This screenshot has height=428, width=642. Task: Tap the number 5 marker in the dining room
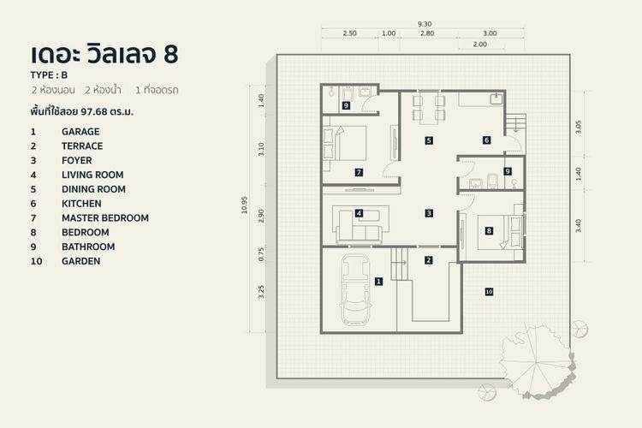coord(428,140)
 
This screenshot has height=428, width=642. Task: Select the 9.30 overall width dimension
coord(423,24)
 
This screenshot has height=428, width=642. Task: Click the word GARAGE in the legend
coord(80,132)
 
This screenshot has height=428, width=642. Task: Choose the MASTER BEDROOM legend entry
coord(104,218)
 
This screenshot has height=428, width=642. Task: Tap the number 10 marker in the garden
coord(489,292)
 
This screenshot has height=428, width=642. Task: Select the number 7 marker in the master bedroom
coord(359,172)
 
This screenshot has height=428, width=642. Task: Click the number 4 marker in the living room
coord(360,213)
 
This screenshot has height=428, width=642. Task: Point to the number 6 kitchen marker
coord(485,140)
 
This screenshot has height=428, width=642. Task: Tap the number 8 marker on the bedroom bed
coord(489,230)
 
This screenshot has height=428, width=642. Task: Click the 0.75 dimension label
coord(262,254)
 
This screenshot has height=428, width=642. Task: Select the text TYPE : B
coord(49,75)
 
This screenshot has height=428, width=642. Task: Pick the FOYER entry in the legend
coord(76,161)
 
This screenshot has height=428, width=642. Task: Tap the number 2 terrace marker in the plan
coord(429,259)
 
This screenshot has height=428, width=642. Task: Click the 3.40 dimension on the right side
coord(579,226)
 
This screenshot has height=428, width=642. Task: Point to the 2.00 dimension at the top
coord(479,44)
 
